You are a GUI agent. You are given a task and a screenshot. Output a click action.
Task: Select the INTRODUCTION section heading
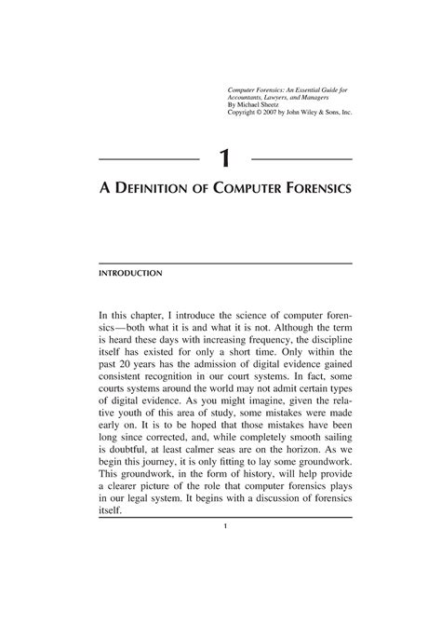[131, 274]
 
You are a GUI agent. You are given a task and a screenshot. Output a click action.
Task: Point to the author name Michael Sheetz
[262, 105]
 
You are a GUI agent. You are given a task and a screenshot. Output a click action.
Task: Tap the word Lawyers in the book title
[289, 98]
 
